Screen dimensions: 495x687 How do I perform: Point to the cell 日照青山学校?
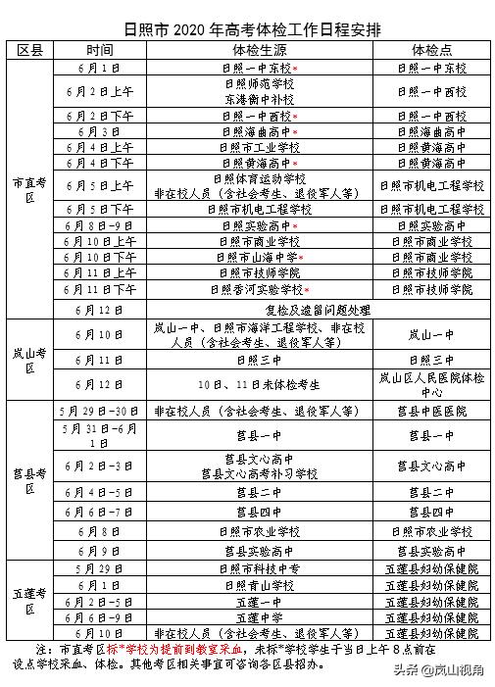tap(259, 585)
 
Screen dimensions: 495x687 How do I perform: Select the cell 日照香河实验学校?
tap(257, 290)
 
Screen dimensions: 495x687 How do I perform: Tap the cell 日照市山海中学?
tap(257, 258)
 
